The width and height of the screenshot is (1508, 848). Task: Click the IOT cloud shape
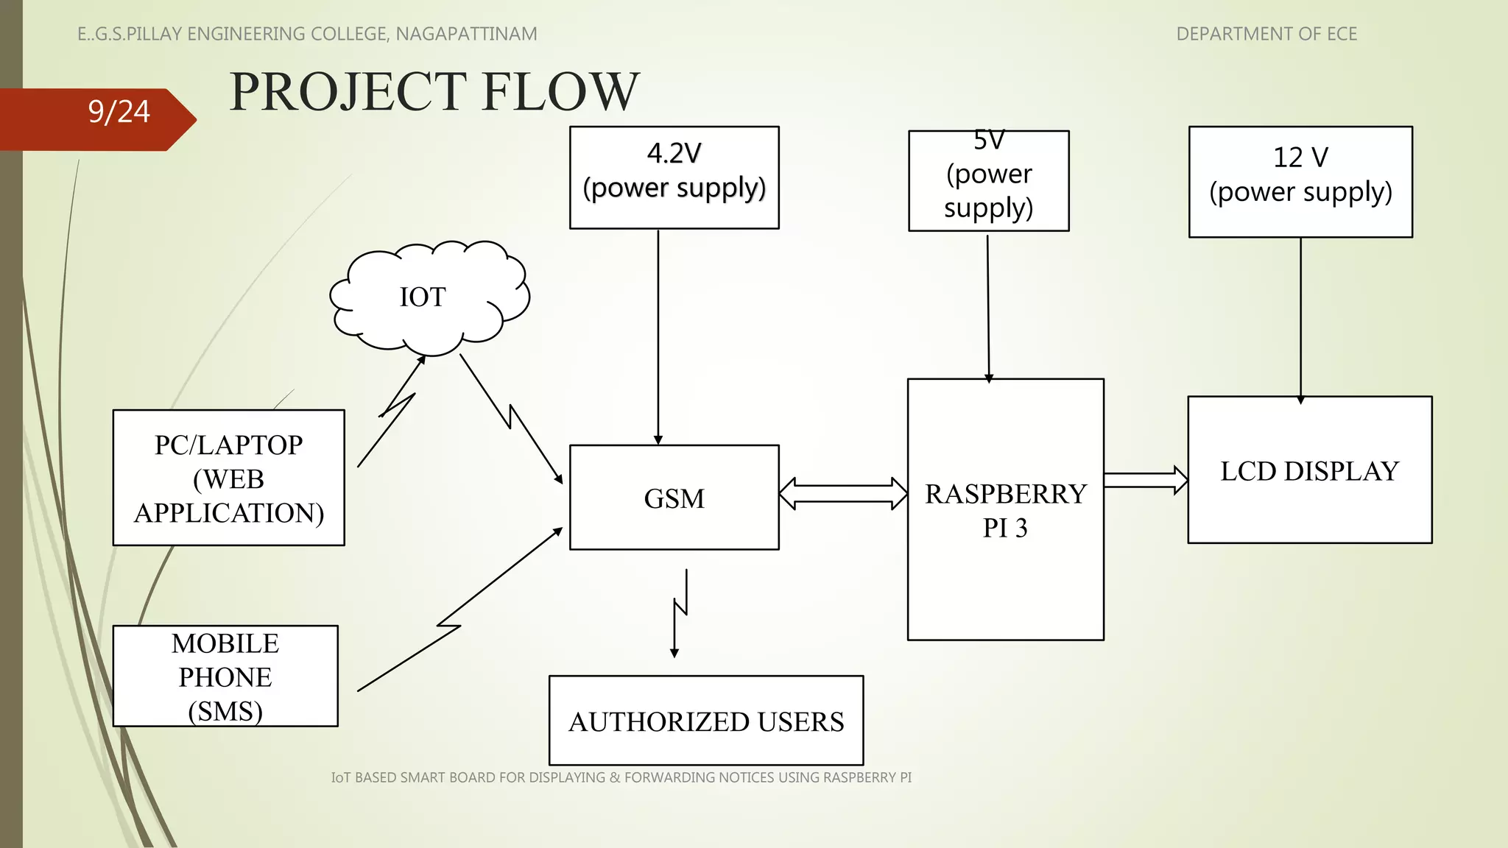pos(429,297)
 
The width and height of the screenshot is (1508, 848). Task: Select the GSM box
pos(674,498)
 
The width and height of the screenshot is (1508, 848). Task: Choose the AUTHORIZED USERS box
pos(705,721)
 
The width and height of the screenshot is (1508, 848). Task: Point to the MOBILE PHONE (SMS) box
pos(225,676)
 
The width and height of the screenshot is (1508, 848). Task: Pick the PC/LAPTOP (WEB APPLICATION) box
pos(228,478)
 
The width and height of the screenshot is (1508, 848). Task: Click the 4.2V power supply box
pos(674,177)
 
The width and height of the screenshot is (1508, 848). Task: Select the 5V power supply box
pos(988,181)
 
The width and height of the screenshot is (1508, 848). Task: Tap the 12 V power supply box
pos(1300,182)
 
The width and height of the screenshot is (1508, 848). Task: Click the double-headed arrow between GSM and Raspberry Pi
pos(843,493)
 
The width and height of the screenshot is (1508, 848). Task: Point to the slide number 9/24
pos(119,112)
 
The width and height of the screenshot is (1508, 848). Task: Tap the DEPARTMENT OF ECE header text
pos(1266,34)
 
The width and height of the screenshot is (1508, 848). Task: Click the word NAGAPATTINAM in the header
pos(466,34)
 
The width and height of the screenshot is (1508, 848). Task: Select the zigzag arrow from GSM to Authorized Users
pos(680,611)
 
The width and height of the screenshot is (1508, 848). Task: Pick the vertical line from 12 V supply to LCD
pos(1300,317)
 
